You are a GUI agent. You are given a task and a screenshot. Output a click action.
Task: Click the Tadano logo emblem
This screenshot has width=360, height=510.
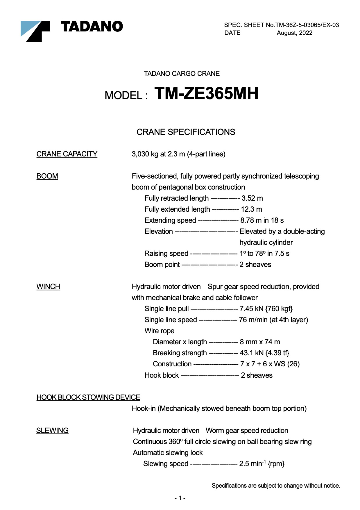tap(35, 31)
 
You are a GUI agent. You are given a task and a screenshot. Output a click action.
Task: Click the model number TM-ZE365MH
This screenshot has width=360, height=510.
tap(206, 94)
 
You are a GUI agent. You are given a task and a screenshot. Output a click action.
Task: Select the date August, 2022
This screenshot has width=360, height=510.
tap(294, 33)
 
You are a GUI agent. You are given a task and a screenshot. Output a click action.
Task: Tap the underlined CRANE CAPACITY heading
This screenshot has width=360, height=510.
tap(67, 154)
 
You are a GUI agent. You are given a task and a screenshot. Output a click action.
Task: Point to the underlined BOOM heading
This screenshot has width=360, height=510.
tap(47, 176)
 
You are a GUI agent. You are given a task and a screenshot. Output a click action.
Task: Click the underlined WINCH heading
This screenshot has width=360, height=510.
tap(48, 287)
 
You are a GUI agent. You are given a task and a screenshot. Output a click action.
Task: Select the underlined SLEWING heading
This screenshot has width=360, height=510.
tap(52, 431)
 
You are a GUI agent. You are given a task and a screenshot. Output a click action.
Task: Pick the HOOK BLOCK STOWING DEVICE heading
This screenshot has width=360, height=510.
tap(88, 397)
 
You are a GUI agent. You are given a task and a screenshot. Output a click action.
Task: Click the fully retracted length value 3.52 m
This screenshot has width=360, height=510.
tap(252, 198)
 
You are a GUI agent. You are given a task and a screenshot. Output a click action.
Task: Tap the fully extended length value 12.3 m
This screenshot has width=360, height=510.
tap(251, 209)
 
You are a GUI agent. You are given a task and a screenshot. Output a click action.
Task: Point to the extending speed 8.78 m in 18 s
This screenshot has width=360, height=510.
tap(262, 220)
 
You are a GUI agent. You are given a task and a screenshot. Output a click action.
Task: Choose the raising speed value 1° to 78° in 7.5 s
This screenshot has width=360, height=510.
tap(264, 254)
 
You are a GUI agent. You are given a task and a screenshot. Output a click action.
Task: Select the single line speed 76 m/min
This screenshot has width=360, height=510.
tap(273, 320)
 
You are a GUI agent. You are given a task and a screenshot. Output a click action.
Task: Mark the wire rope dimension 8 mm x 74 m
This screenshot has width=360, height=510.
tap(260, 342)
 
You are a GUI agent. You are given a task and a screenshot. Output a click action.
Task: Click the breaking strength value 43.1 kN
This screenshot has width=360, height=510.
tap(264, 353)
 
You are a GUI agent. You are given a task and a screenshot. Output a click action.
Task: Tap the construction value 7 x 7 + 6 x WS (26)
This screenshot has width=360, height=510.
tap(270, 364)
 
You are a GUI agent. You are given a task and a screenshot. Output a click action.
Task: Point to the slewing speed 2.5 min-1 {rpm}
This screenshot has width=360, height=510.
tap(262, 464)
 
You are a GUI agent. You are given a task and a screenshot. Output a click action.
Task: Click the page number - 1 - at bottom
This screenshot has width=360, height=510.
tap(180, 498)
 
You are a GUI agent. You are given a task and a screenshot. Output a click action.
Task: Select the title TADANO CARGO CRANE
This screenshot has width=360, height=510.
tap(182, 74)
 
